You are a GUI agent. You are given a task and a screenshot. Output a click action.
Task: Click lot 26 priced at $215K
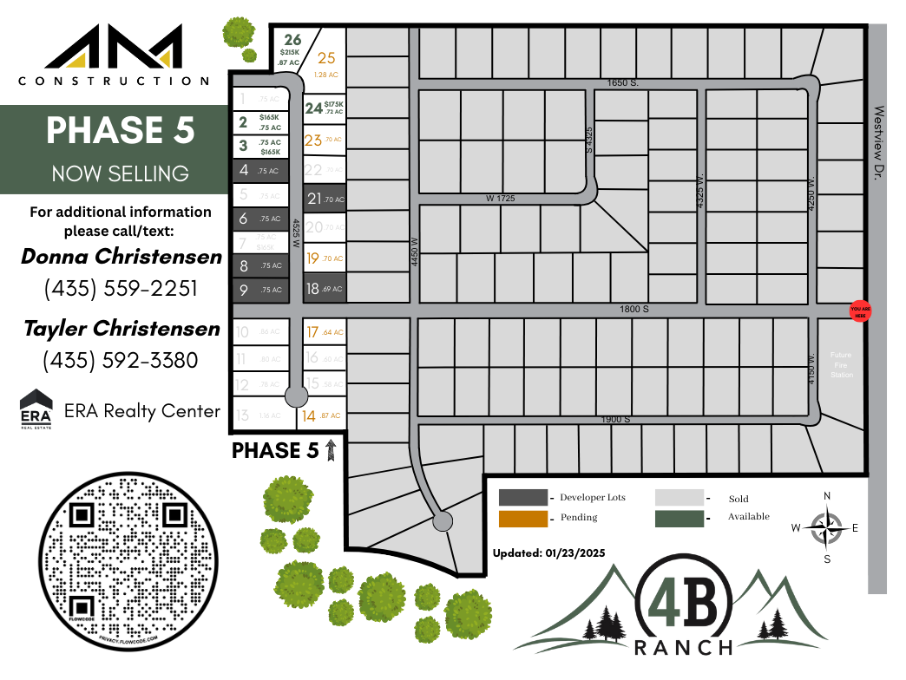(x=292, y=50)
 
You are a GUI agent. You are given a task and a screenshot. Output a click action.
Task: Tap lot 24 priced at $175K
(x=325, y=108)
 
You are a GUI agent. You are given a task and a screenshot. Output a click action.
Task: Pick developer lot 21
(x=325, y=198)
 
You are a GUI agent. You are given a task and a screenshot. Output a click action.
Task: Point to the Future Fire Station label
(x=840, y=364)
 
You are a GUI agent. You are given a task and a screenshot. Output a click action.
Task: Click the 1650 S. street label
(x=622, y=82)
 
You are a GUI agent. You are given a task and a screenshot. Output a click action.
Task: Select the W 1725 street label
(x=500, y=199)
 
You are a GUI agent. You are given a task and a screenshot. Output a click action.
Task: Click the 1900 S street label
(x=614, y=420)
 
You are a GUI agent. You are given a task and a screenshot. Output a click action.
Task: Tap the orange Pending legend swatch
(x=523, y=519)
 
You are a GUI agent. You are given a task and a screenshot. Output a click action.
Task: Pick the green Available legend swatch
(x=679, y=518)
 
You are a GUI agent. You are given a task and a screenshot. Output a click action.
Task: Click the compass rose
(x=827, y=526)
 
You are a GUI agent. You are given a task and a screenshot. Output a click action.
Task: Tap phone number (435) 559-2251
(x=121, y=288)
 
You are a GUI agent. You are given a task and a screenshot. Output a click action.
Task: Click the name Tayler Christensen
(x=121, y=328)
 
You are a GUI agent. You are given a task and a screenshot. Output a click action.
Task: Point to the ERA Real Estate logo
(x=36, y=409)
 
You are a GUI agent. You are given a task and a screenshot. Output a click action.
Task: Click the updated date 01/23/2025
(x=548, y=552)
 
